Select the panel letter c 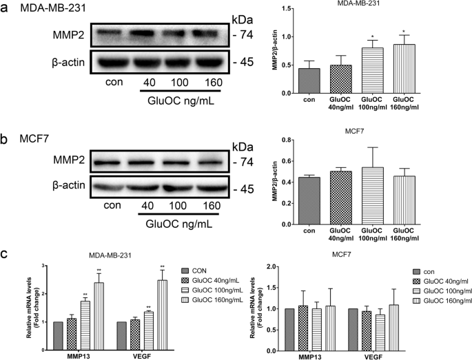(6, 253)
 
